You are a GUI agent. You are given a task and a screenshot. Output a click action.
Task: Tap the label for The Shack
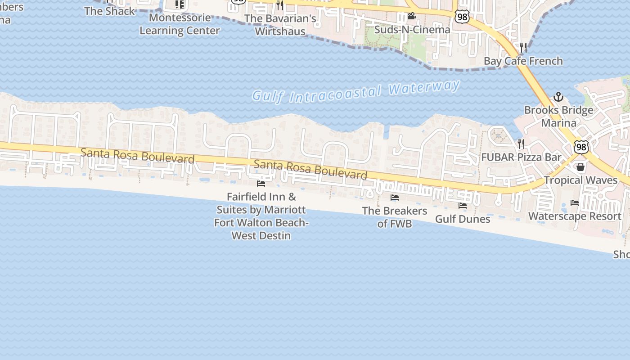coord(109,11)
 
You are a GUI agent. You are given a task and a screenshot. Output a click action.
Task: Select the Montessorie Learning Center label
coord(180,24)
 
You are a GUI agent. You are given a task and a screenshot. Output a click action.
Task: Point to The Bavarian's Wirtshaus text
coord(280,25)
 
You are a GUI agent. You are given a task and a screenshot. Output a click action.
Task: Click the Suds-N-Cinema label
coord(412,30)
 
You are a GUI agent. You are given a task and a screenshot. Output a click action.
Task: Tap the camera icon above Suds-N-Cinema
coord(412,17)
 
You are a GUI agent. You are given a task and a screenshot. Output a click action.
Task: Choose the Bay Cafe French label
coord(523,61)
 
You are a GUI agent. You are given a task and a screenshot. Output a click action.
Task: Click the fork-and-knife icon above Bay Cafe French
coord(523,47)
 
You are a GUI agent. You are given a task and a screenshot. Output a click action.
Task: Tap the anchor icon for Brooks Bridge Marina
coord(558,97)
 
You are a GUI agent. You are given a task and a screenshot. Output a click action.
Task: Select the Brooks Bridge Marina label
coord(558,117)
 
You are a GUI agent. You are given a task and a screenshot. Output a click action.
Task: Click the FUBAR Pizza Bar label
coord(521,157)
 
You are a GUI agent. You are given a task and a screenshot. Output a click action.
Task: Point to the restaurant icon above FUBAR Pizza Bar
coord(521,144)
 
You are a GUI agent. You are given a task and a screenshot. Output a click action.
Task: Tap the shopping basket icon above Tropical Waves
coord(580,167)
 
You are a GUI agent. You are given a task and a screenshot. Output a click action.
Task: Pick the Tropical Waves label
coord(580,180)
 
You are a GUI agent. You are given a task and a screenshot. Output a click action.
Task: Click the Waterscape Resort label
coord(575,216)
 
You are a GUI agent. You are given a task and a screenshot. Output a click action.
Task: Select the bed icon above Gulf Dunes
coord(463,206)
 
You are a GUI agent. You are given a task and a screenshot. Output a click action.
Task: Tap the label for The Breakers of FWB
coord(395,217)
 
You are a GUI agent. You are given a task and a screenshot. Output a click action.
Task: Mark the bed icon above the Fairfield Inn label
coord(261,183)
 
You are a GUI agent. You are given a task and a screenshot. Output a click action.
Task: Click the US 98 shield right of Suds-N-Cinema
coord(462,17)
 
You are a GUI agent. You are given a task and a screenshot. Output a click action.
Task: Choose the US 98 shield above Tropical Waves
coord(581,147)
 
